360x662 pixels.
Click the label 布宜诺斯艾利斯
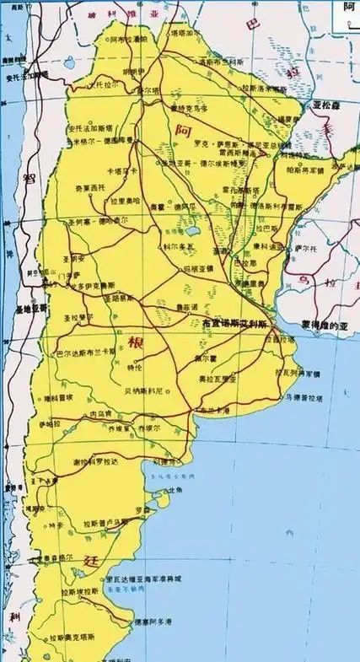(x=234, y=324)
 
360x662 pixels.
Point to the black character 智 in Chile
(x=30, y=178)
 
